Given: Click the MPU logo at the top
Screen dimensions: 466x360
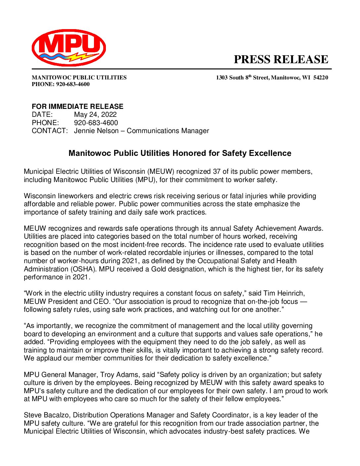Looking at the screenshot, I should click(x=69, y=47).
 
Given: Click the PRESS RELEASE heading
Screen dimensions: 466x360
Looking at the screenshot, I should click(x=281, y=60).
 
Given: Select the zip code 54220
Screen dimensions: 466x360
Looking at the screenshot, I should click(x=321, y=78).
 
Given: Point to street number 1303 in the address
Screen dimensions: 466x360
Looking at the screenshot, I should click(x=222, y=78).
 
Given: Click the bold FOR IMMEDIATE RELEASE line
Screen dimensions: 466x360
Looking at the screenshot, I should click(x=77, y=107).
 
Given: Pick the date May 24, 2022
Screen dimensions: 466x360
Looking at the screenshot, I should click(x=95, y=115).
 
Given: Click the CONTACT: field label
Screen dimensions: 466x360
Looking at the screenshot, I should click(x=50, y=131).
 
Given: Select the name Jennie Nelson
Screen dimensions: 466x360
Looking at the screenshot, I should click(x=96, y=131).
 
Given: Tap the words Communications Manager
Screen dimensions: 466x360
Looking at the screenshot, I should click(x=168, y=131).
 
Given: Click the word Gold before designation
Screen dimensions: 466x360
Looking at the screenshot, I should click(x=159, y=269).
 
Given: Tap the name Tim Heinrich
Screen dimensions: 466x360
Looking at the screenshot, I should click(x=284, y=293).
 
